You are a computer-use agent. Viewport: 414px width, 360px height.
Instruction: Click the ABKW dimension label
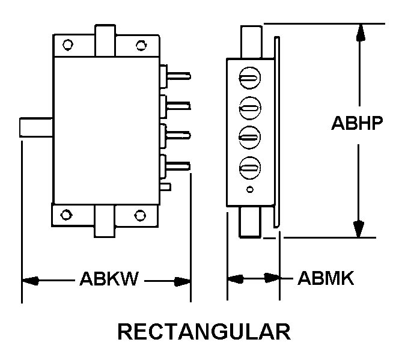coord(109,280)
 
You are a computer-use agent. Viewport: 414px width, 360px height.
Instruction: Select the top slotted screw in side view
coord(249,78)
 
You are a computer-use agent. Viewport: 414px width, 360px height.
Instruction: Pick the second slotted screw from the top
coord(249,108)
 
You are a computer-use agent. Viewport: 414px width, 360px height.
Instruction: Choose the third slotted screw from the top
coord(249,137)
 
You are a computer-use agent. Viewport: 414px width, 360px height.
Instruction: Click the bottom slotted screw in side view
coord(249,166)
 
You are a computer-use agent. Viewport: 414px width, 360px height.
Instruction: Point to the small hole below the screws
coord(250,191)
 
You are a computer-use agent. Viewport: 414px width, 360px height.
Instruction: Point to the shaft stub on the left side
coord(37,128)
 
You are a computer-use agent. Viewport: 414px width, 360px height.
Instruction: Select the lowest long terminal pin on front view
coord(180,163)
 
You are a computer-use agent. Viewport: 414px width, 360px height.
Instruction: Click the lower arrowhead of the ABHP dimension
coord(359,229)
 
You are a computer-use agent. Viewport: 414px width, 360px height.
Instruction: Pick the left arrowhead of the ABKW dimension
coord(30,280)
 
